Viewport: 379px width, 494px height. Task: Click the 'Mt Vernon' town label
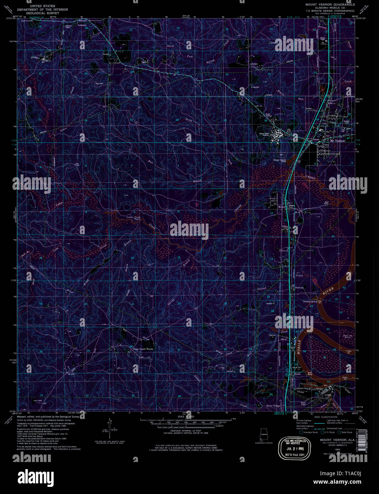point(337,141)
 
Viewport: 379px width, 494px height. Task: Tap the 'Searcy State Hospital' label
point(264,135)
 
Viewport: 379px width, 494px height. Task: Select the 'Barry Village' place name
point(273,406)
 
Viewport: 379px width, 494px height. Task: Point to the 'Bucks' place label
point(297,374)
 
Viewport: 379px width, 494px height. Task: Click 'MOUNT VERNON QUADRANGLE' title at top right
point(330,5)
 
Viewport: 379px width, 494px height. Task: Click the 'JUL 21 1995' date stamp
point(294,449)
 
